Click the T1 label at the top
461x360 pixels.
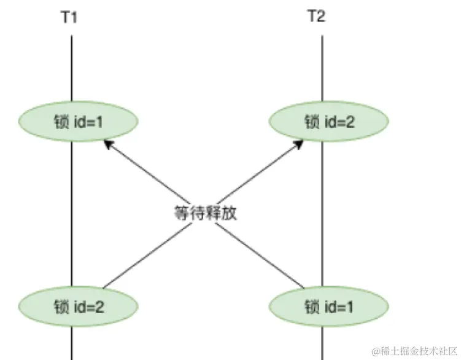(x=69, y=17)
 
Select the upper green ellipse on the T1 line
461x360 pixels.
(x=78, y=122)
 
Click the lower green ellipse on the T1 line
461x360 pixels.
(x=78, y=305)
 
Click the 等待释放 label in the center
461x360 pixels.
(x=204, y=213)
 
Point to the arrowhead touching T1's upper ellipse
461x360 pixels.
(x=107, y=144)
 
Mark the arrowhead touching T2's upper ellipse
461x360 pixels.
(x=299, y=144)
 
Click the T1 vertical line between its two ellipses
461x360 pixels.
(x=72, y=209)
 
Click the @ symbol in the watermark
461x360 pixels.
(x=376, y=350)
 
